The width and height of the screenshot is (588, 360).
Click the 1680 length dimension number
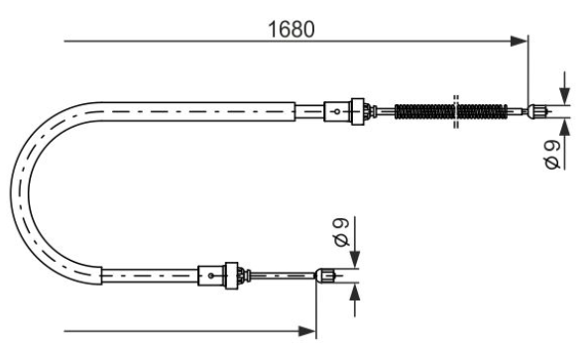[x=292, y=29]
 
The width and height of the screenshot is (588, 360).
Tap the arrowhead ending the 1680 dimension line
[x=519, y=41]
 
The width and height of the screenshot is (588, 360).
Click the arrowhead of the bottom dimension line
[x=306, y=331]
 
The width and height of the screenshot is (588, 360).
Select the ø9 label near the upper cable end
[x=552, y=154]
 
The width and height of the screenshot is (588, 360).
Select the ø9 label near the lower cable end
[x=342, y=232]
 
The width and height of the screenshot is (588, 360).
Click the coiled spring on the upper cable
[x=451, y=111]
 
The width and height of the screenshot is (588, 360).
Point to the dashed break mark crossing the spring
[x=456, y=112]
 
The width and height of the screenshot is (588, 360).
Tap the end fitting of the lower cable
[x=324, y=276]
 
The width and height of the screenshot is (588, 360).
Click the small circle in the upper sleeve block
[x=337, y=111]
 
